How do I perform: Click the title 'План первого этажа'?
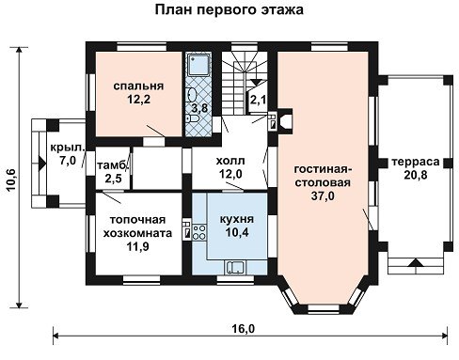229,9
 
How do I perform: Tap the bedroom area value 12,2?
138,100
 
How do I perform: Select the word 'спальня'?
138,86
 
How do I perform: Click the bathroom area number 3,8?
199,108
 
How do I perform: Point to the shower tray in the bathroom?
198,65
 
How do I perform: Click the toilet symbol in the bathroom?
193,119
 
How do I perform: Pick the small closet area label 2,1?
258,100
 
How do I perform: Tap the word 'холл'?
230,161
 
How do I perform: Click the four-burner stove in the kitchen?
198,232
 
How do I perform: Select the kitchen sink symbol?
235,267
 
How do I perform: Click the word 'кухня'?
237,219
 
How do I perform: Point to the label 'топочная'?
137,220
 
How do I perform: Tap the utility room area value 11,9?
137,247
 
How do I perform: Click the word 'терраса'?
416,162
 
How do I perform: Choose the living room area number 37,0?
323,196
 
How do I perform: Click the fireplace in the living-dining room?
285,121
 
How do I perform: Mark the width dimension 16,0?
244,329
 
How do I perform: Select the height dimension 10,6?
11,180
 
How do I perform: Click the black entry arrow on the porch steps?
42,164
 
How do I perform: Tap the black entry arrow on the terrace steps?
416,262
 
